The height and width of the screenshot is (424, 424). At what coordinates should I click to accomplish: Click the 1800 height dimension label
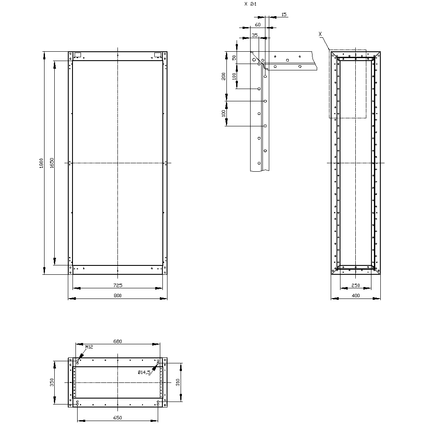point(41,163)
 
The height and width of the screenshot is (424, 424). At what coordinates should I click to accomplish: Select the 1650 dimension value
point(52,163)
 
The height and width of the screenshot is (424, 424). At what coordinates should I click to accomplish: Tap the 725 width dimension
point(117,285)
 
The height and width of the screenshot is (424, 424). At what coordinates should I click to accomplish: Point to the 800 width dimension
point(117,296)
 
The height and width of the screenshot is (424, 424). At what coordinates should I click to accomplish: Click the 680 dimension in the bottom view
point(117,341)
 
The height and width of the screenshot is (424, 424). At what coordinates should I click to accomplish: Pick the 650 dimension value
point(117,418)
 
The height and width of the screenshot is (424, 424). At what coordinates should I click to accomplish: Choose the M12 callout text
point(89,347)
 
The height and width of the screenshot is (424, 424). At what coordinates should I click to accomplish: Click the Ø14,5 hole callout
point(144,372)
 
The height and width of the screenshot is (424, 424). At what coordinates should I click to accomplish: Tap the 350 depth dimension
point(52,382)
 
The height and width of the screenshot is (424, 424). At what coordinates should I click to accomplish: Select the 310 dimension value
point(178,382)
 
